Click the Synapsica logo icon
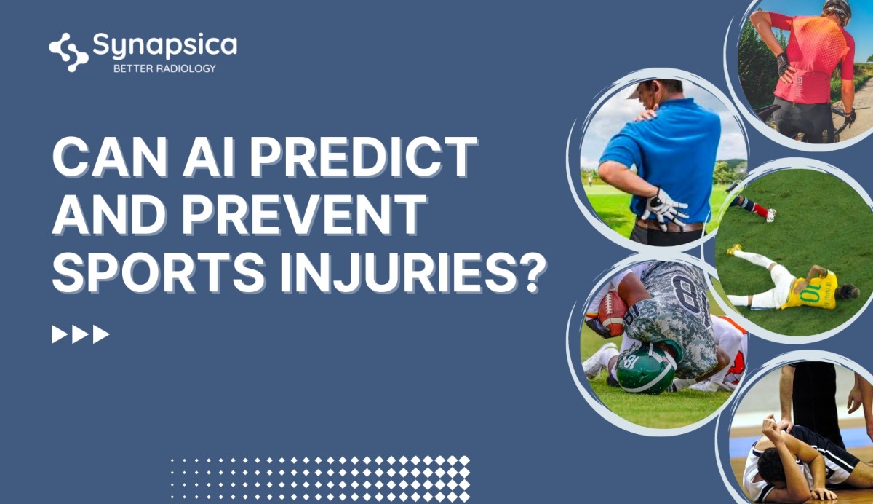[68, 52]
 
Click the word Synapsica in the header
[164, 46]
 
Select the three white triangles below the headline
[80, 334]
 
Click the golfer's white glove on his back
[663, 208]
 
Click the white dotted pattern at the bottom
[320, 477]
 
